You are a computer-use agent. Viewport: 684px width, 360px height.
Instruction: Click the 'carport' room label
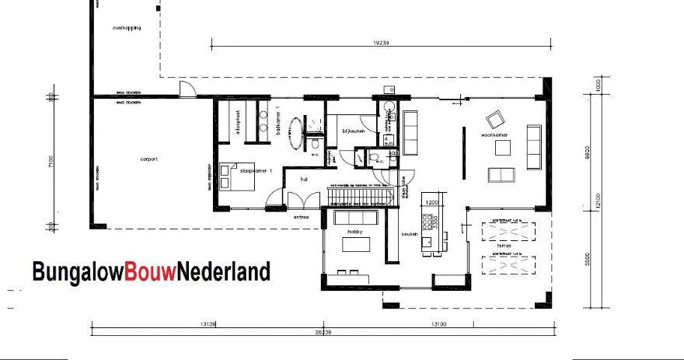[x=148, y=159]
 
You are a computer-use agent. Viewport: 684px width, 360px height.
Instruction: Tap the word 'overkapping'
[x=126, y=27]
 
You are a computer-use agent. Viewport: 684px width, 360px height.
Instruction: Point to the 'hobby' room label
[x=355, y=232]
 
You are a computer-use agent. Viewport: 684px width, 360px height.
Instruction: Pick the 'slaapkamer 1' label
[x=255, y=170]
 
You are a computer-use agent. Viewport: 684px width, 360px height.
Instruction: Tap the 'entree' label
[x=301, y=217]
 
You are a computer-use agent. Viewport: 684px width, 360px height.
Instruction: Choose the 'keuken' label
[x=410, y=233]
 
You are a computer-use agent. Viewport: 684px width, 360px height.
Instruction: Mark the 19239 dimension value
[x=381, y=43]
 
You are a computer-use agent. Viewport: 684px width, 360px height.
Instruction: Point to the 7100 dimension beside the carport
[x=50, y=163]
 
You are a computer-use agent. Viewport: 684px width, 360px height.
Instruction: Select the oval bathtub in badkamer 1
[x=296, y=133]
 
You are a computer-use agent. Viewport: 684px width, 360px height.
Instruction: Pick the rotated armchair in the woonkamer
[x=494, y=121]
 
